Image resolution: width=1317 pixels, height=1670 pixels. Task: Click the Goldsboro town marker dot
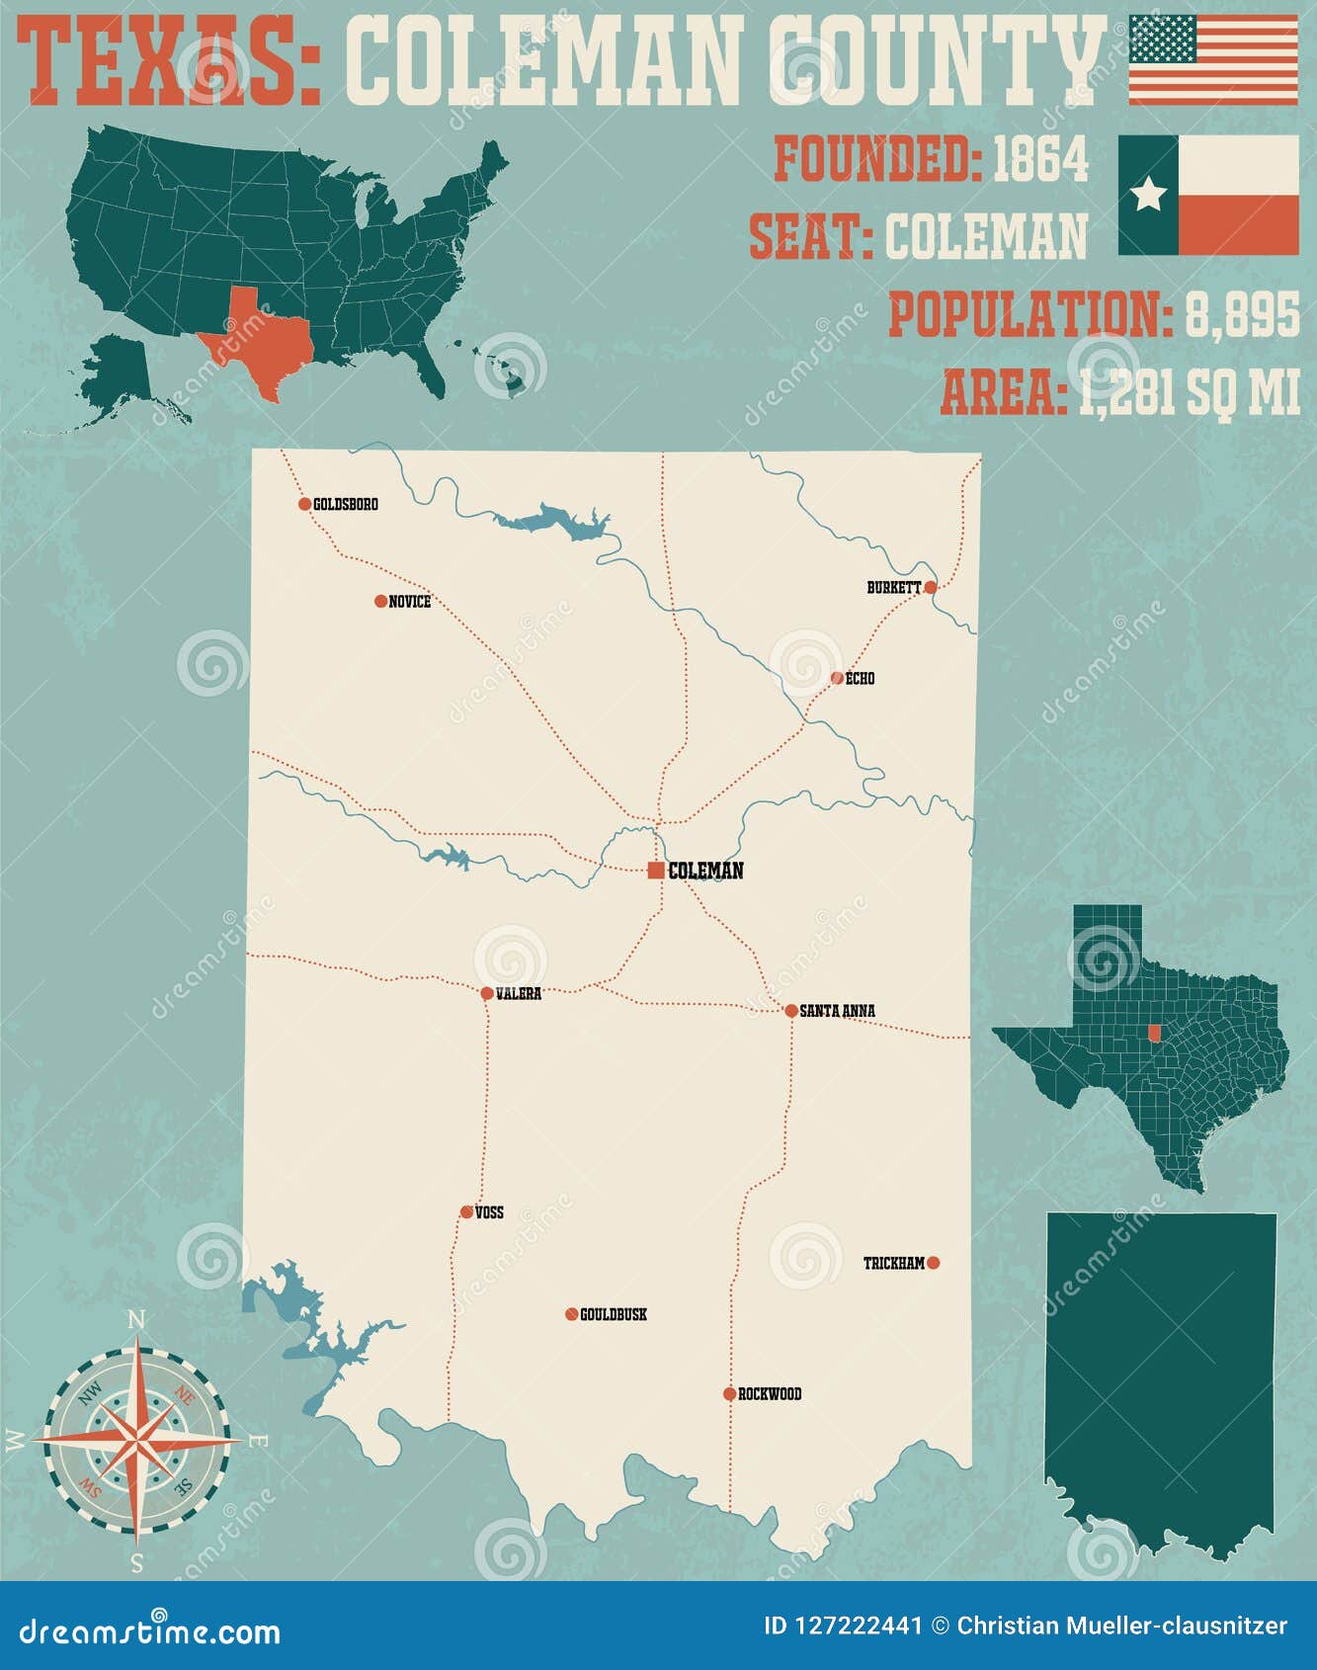(304, 504)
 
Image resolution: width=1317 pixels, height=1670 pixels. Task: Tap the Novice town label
(410, 602)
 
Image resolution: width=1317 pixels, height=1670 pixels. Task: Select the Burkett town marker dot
(930, 587)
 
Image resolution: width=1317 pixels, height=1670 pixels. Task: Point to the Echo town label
(861, 679)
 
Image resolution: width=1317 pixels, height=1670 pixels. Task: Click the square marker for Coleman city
(656, 871)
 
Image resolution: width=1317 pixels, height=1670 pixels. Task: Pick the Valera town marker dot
(487, 994)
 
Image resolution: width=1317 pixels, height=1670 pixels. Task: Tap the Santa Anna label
(837, 1011)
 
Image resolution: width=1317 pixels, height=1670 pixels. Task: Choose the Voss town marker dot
(466, 1212)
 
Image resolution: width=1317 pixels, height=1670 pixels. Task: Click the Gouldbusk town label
(614, 1315)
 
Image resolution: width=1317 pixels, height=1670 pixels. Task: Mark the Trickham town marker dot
(934, 1263)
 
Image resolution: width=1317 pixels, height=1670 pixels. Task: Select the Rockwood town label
(770, 1394)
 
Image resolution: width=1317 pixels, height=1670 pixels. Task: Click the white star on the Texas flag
(1148, 195)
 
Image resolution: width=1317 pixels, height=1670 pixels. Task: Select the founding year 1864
(1039, 158)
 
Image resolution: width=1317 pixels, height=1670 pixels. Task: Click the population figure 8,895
(1242, 316)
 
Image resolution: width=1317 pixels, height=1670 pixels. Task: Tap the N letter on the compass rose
(137, 1320)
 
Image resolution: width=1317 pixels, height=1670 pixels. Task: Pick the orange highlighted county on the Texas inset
(1154, 1032)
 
